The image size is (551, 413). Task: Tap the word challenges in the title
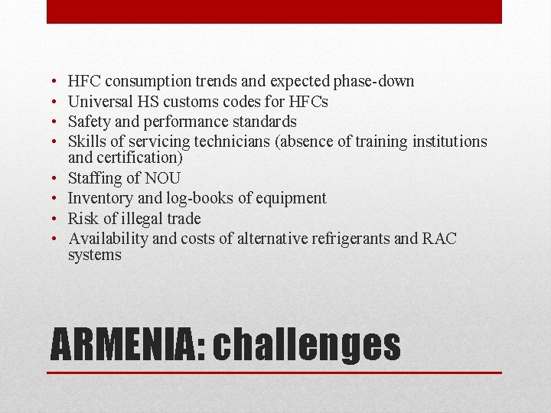point(307,345)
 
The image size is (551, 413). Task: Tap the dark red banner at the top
point(274,11)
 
